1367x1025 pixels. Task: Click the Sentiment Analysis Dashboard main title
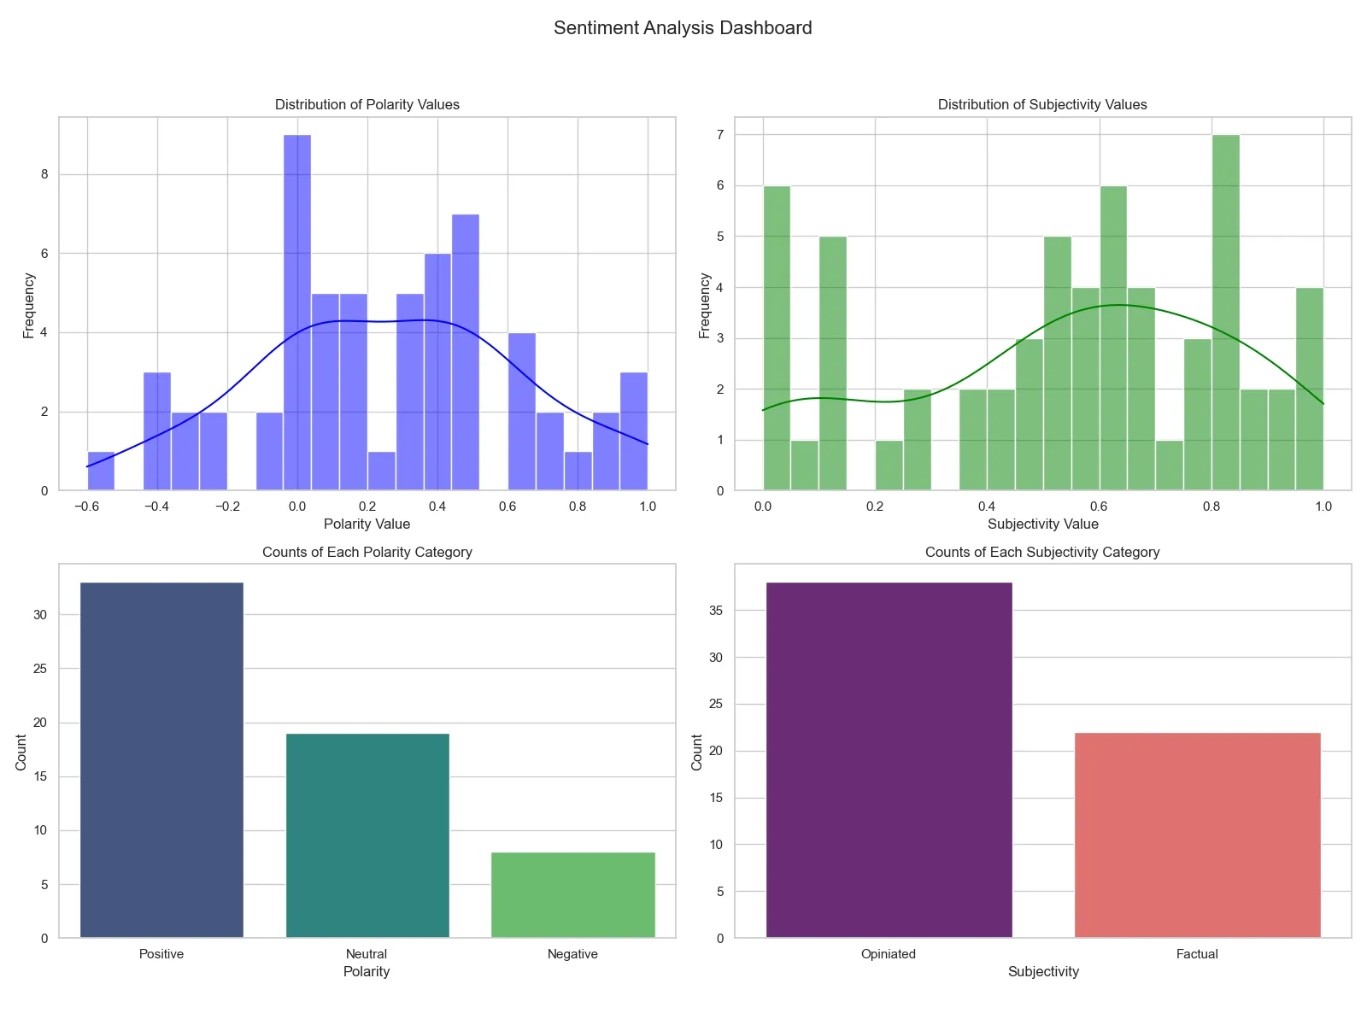pos(683,28)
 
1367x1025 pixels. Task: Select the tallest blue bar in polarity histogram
pos(297,313)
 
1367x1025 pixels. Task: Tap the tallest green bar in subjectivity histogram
pos(1225,313)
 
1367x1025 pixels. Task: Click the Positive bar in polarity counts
pos(161,760)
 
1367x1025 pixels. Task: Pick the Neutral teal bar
pos(367,835)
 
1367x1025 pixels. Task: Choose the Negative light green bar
pos(572,895)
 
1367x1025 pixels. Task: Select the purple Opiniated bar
pos(889,760)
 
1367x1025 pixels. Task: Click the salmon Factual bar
pos(1197,835)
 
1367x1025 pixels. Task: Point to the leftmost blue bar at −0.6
pos(101,471)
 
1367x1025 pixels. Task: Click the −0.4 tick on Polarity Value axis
pos(157,507)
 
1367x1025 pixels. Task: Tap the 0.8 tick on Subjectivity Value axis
pos(1212,507)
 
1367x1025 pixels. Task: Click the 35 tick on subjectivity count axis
pos(716,611)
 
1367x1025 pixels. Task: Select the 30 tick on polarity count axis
pos(41,615)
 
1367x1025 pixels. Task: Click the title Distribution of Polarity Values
pos(367,105)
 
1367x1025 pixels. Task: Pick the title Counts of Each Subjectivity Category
pos(1042,553)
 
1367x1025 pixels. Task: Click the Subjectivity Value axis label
pos(1042,524)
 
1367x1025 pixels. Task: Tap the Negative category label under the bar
pos(572,954)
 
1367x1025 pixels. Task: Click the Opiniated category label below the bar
pos(889,954)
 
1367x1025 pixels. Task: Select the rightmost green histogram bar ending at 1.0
pos(1309,389)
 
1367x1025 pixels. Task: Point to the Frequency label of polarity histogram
pos(29,305)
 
